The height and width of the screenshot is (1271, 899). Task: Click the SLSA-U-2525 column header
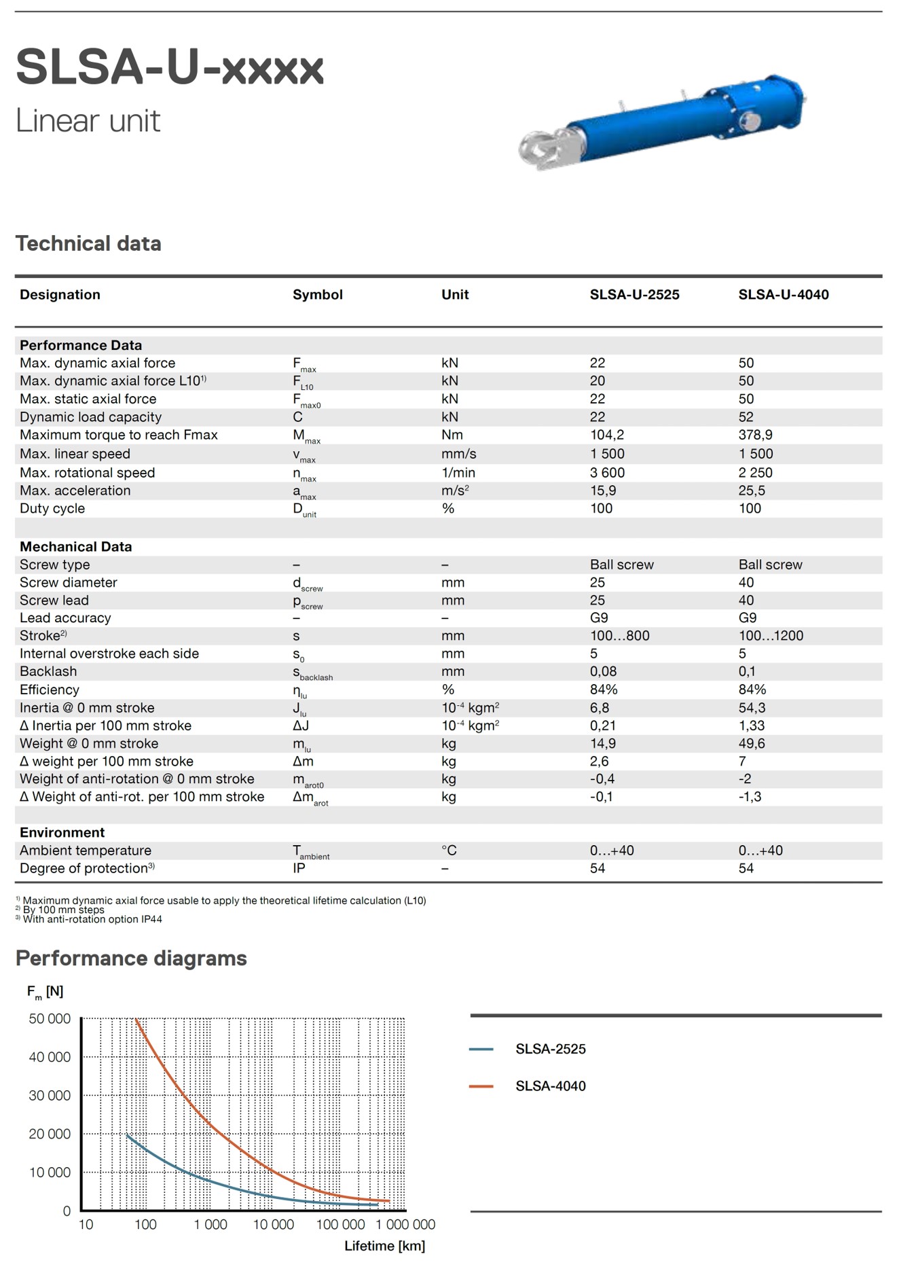pyautogui.click(x=634, y=295)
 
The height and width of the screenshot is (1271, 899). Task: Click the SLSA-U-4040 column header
pyautogui.click(x=783, y=295)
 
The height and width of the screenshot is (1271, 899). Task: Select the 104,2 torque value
pyautogui.click(x=607, y=435)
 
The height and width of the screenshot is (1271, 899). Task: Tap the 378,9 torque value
pyautogui.click(x=755, y=435)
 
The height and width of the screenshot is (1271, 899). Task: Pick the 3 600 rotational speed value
pyautogui.click(x=607, y=473)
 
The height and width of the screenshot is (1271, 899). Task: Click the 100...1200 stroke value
pyautogui.click(x=771, y=636)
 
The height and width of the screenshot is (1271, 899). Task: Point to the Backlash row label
pyautogui.click(x=48, y=671)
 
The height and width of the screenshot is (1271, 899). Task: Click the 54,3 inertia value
pyautogui.click(x=752, y=708)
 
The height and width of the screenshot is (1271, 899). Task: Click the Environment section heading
pyautogui.click(x=62, y=833)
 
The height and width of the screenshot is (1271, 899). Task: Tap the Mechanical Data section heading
pyautogui.click(x=75, y=547)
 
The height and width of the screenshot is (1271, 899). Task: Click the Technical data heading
pyautogui.click(x=88, y=244)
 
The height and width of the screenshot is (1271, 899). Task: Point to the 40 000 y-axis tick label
pyautogui.click(x=50, y=1057)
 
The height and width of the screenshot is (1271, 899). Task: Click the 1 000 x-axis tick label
pyautogui.click(x=210, y=1225)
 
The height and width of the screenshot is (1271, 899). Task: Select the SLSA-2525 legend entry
pyautogui.click(x=550, y=1049)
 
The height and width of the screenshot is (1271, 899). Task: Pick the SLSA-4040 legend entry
pyautogui.click(x=550, y=1086)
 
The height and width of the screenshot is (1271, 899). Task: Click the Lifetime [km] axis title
pyautogui.click(x=384, y=1246)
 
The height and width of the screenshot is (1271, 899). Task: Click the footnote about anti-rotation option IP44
pyautogui.click(x=92, y=920)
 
